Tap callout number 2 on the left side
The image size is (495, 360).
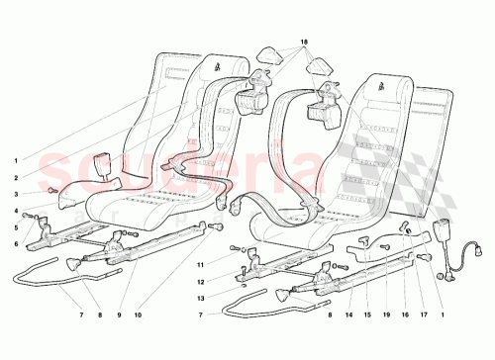(x=15, y=177)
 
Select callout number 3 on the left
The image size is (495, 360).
(x=15, y=194)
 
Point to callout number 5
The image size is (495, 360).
(x=15, y=227)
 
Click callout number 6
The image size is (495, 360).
(x=15, y=243)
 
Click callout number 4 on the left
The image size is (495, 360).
(x=15, y=211)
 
